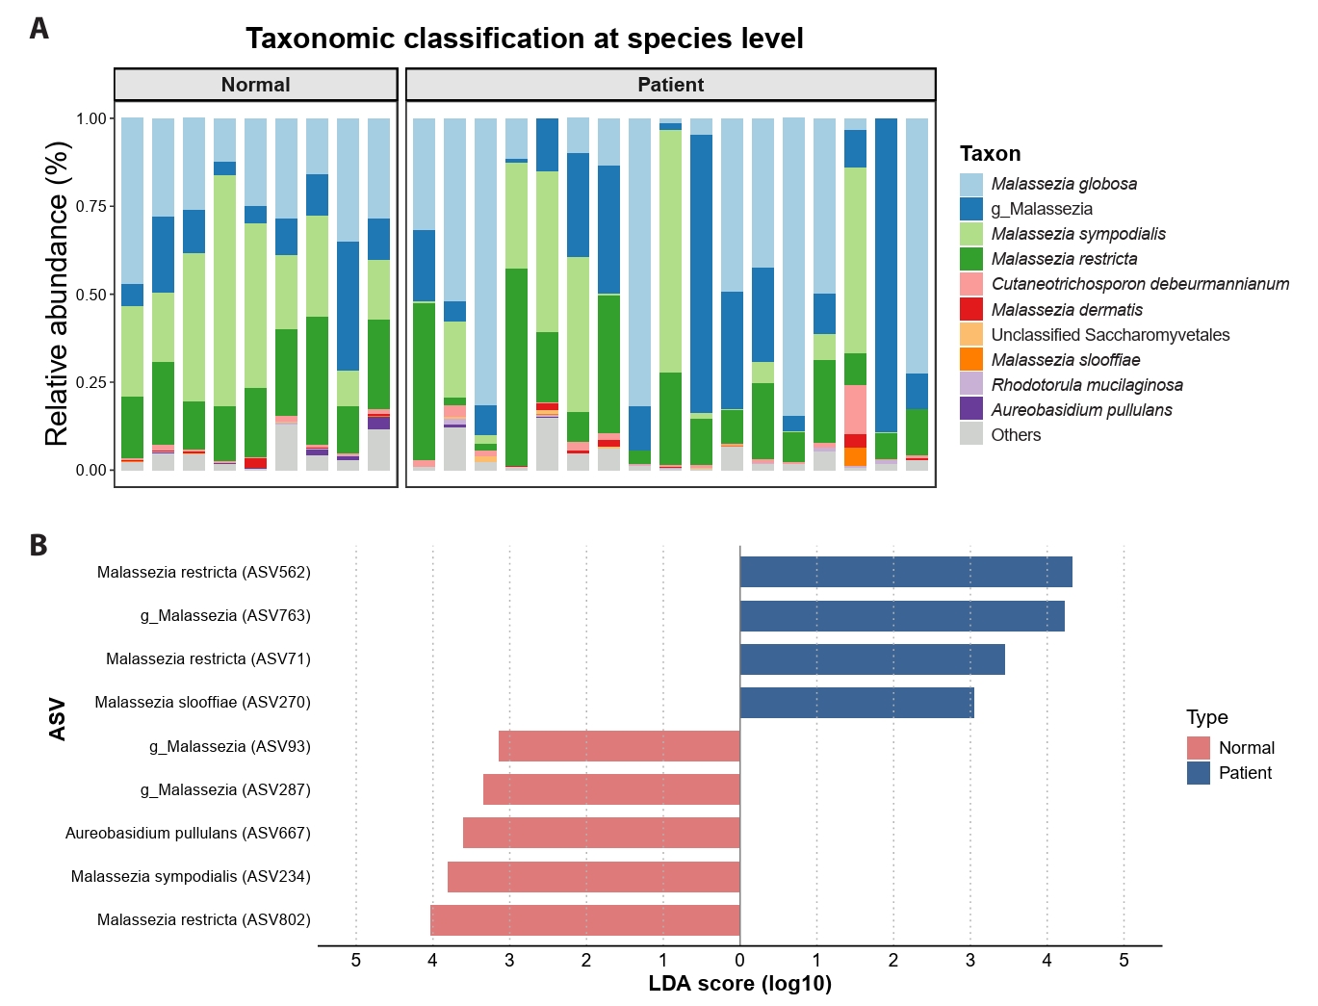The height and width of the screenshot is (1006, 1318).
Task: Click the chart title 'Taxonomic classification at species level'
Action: (524, 39)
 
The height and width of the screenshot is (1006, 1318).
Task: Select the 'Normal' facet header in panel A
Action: (255, 85)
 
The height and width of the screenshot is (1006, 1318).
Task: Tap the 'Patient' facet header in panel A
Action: (670, 85)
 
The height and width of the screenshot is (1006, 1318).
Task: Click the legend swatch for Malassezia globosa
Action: (971, 184)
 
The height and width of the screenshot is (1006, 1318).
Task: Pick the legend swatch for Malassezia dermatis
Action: (971, 309)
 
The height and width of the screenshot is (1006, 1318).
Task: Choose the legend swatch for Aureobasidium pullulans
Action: (971, 409)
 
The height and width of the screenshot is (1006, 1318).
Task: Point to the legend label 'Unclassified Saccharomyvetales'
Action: (1110, 335)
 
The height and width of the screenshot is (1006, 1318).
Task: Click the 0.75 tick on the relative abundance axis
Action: (91, 206)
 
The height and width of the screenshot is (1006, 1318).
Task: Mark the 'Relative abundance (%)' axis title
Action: (57, 294)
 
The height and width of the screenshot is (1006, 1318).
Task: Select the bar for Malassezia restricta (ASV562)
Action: (905, 572)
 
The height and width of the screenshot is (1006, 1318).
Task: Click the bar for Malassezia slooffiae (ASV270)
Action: (857, 703)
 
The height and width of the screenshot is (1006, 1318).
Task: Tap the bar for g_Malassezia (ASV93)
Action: (619, 746)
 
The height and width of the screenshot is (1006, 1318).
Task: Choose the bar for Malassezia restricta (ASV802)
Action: (585, 920)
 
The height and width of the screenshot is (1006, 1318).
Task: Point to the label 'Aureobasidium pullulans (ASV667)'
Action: (188, 833)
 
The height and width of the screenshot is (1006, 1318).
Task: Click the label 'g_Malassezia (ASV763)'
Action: (225, 615)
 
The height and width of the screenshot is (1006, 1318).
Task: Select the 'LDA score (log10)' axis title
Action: (739, 984)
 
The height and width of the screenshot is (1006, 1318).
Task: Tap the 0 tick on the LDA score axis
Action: (739, 960)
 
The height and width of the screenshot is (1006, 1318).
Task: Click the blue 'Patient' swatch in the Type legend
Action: (1198, 773)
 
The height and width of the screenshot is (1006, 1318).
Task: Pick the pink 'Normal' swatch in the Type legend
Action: (1198, 748)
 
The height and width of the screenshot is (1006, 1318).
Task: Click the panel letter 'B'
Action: (39, 545)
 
